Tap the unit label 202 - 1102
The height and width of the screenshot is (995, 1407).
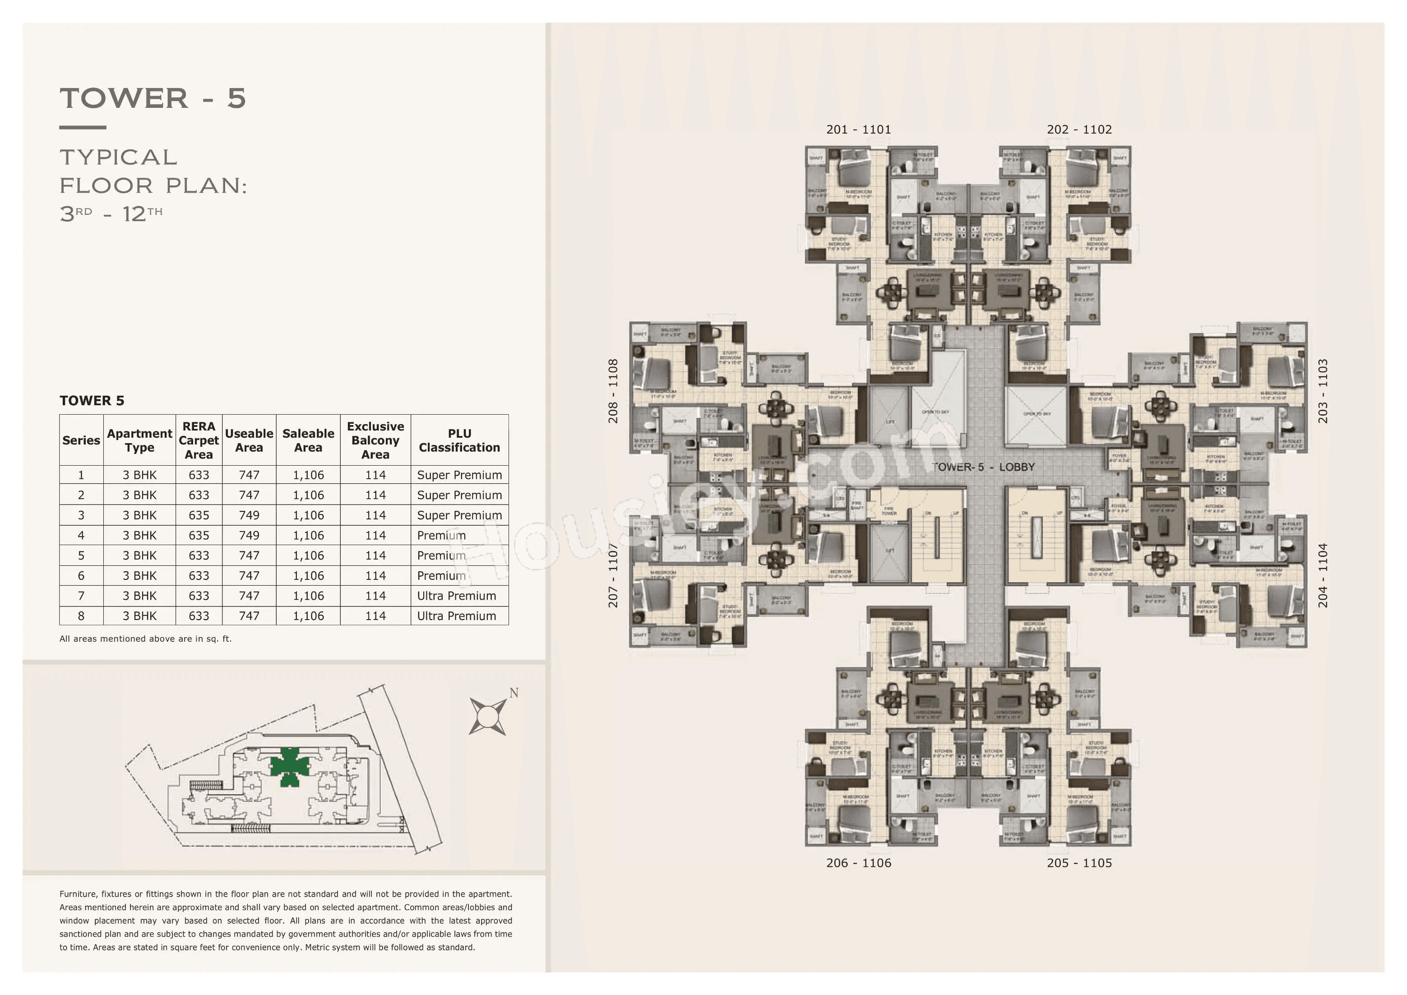click(x=1078, y=129)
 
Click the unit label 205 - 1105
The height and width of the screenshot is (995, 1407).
click(x=1078, y=863)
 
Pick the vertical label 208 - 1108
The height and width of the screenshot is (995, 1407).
click(x=613, y=391)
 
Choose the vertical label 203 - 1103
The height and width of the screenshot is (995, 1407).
click(x=1323, y=391)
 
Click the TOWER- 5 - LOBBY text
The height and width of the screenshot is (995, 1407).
click(x=983, y=467)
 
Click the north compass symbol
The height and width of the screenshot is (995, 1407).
click(x=488, y=715)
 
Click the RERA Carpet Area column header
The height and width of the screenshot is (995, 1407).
click(x=199, y=440)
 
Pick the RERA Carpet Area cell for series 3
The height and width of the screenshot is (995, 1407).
click(x=199, y=515)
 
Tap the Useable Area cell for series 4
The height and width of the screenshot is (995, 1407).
click(x=249, y=536)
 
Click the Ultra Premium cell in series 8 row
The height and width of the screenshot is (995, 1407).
click(x=457, y=616)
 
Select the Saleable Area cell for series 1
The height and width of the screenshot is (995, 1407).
click(x=308, y=475)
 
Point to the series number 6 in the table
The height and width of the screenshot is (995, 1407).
click(x=81, y=575)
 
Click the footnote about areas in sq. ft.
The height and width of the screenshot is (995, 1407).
click(x=145, y=639)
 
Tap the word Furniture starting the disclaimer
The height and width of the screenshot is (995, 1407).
click(x=78, y=894)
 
